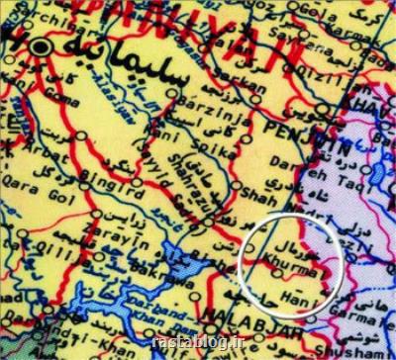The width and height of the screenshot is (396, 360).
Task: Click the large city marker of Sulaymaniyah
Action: pos(39,47)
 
